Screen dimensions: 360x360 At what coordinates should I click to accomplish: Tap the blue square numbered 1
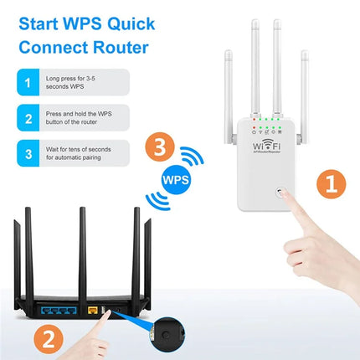tap(28, 84)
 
